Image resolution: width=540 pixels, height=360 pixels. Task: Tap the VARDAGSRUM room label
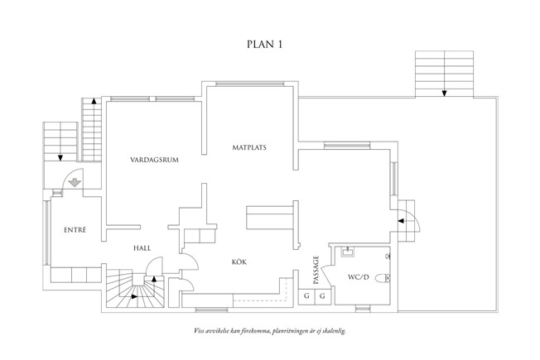[x=155, y=158]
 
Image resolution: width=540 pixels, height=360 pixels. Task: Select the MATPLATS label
[x=249, y=147]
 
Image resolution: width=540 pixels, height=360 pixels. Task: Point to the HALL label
[x=142, y=247]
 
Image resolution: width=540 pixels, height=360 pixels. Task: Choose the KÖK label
[x=239, y=262]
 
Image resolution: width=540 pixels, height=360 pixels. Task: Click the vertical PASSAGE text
[x=316, y=269]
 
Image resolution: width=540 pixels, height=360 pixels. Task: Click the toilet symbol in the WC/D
[x=383, y=278]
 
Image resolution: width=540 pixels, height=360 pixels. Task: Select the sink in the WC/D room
[x=349, y=250]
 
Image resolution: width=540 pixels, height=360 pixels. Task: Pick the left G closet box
[x=306, y=295]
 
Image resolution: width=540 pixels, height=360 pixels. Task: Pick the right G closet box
[x=322, y=295]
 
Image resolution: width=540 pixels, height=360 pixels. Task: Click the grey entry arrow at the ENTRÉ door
[x=74, y=185]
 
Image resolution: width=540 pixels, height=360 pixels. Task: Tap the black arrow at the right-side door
[x=402, y=220]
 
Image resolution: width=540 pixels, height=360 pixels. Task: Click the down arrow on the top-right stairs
[x=445, y=92]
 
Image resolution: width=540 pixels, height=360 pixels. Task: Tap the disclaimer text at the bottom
[x=269, y=330]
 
